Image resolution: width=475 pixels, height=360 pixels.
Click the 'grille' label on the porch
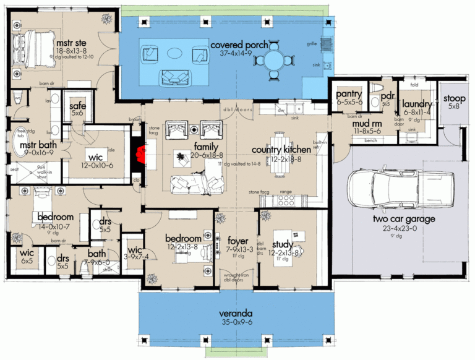312,44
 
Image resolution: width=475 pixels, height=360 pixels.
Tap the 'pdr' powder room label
387,96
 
